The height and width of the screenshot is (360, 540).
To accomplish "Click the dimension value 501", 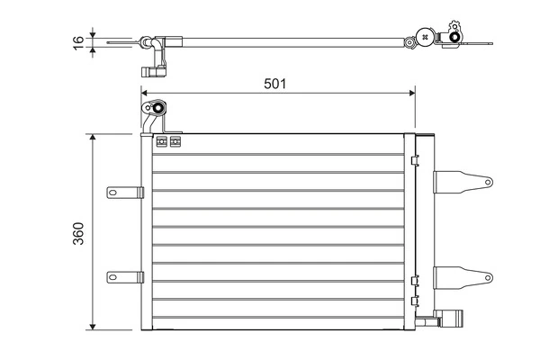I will pyautogui.click(x=274, y=84).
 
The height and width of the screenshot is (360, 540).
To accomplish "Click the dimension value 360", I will pyautogui.click(x=78, y=232).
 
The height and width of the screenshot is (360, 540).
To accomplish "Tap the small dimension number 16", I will pyautogui.click(x=78, y=40).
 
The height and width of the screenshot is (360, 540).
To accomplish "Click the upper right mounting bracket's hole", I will pyautogui.click(x=483, y=181).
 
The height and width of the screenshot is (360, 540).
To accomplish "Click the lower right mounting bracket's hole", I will pyautogui.click(x=483, y=276).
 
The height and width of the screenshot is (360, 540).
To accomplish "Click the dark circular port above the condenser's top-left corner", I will pyautogui.click(x=157, y=110).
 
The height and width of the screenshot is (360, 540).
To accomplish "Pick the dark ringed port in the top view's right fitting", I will pyautogui.click(x=424, y=39).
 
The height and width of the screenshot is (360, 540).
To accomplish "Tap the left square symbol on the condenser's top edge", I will pyautogui.click(x=162, y=141).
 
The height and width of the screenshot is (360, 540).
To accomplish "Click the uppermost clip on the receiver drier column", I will pyautogui.click(x=414, y=162).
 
